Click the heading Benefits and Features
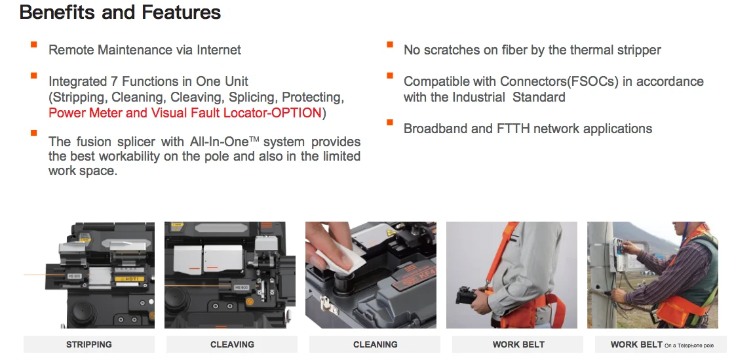(120, 12)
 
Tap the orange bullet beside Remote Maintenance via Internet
(33, 45)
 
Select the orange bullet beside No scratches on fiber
(390, 45)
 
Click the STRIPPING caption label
(89, 344)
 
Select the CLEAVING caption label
(232, 344)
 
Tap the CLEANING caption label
(375, 344)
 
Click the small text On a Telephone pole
(689, 346)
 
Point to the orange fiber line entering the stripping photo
(39, 274)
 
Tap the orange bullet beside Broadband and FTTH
(390, 123)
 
